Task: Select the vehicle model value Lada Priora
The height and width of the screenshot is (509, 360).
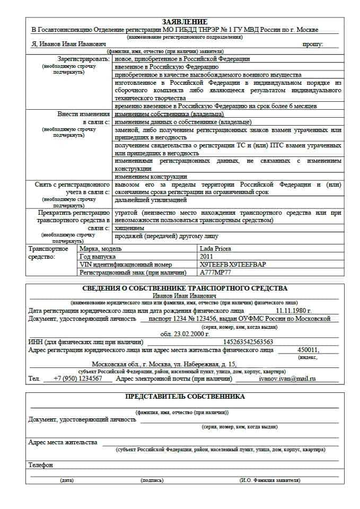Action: click(215, 248)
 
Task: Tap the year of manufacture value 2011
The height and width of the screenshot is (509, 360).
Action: click(206, 256)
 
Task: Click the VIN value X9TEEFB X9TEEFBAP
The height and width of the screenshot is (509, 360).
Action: click(232, 264)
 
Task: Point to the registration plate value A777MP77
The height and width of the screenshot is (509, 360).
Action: click(215, 273)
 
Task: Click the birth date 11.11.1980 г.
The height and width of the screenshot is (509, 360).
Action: click(293, 311)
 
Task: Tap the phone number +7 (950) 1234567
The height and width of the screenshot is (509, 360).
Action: click(78, 379)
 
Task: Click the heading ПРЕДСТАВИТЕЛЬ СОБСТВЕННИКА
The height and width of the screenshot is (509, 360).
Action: click(185, 396)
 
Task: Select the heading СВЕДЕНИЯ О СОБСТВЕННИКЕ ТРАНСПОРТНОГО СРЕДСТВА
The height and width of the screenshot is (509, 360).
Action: click(185, 288)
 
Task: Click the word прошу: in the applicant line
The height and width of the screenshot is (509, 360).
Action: click(313, 45)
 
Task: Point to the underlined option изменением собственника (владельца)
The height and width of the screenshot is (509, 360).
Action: click(169, 114)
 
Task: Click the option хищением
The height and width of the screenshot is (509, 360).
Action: click(129, 228)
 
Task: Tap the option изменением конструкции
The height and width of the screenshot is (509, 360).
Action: click(151, 177)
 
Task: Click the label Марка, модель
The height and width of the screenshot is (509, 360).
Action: click(100, 248)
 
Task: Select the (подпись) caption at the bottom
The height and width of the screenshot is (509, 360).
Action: click(152, 480)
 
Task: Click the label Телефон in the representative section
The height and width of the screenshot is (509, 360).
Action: click(41, 465)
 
